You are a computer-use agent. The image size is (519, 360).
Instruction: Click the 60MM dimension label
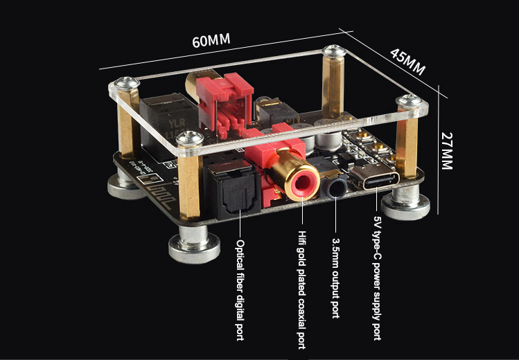pyautogui.click(x=211, y=40)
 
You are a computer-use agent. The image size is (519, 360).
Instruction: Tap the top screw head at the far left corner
pyautogui.click(x=127, y=84)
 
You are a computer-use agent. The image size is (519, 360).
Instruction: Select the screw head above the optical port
pyautogui.click(x=188, y=138)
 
